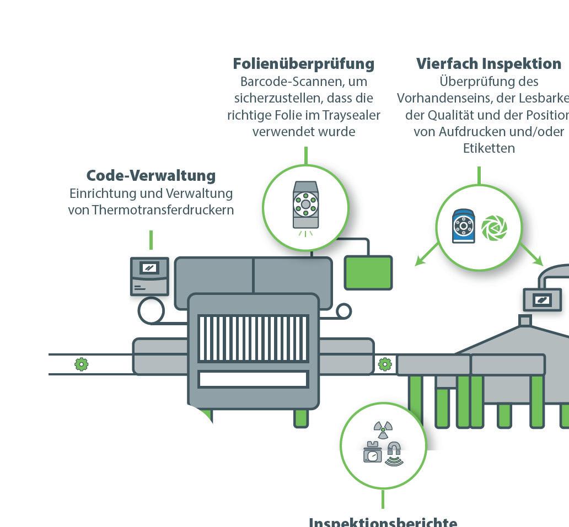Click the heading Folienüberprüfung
(303, 64)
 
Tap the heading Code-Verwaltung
(151, 176)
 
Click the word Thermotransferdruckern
(163, 210)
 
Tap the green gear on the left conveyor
(82, 364)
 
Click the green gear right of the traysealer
(385, 364)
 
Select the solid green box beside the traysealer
(368, 272)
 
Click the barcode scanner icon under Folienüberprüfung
(305, 205)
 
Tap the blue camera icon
(463, 226)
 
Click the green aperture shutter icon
(493, 228)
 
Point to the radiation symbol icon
(383, 428)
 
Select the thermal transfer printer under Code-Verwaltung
(149, 276)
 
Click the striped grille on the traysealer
(253, 338)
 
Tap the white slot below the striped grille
(253, 379)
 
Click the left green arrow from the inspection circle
(425, 257)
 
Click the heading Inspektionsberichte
(383, 521)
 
